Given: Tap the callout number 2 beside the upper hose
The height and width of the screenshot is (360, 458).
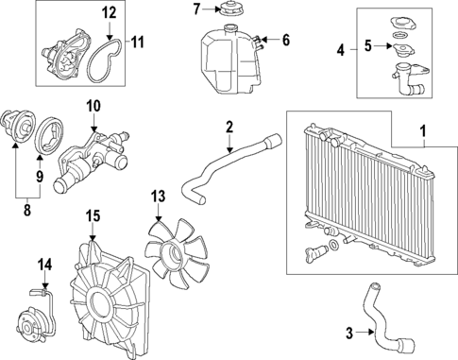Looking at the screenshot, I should tap(229, 126).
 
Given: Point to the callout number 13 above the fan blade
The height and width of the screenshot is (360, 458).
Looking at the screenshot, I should tap(158, 196).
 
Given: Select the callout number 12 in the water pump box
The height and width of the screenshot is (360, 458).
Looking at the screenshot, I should tap(110, 13).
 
